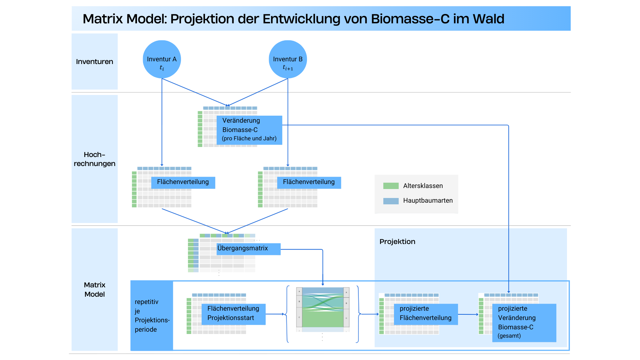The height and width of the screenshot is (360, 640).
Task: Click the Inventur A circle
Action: pos(162,59)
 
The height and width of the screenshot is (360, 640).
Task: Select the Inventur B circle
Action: pos(288,59)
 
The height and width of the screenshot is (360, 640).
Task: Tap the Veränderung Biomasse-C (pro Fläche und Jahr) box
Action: pos(249,130)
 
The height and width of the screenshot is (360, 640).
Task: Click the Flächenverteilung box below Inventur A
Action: pos(183,182)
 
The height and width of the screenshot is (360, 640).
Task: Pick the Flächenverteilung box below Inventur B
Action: pos(309,182)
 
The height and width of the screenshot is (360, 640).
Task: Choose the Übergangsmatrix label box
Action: pos(248,249)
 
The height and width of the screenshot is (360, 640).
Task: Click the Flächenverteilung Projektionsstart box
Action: pos(233,314)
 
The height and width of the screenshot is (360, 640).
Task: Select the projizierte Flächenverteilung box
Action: pos(426,314)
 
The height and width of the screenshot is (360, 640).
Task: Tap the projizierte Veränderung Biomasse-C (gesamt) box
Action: pos(524,322)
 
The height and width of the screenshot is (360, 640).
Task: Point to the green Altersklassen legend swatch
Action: pos(391,186)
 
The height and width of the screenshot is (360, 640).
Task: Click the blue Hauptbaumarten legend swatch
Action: pos(391,201)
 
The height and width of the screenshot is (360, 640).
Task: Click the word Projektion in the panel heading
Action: pos(397,242)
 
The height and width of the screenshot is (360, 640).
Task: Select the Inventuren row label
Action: pos(94,62)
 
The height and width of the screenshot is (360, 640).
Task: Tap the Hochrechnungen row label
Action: pos(94,159)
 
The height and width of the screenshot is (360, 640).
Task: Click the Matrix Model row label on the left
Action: pos(94,289)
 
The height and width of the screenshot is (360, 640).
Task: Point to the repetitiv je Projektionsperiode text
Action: pos(152,315)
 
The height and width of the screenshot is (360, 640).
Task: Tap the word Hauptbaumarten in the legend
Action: pos(428,201)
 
